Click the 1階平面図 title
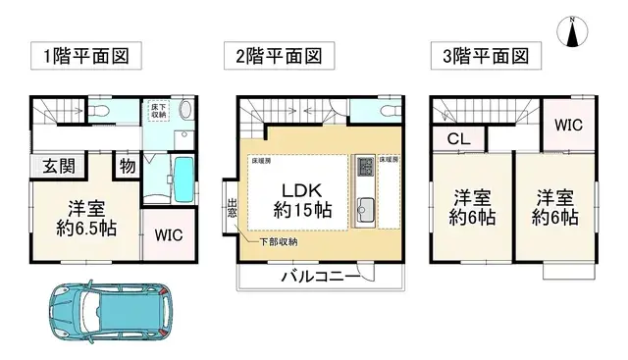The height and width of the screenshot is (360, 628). [x=84, y=55]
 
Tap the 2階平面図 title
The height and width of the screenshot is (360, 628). [x=279, y=55]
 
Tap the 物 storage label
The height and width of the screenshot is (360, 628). [x=127, y=165]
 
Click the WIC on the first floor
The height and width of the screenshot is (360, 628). [x=168, y=236]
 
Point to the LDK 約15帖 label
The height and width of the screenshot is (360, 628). [x=295, y=200]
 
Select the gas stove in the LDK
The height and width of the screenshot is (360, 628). [x=365, y=165]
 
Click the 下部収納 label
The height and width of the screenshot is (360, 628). [x=280, y=242]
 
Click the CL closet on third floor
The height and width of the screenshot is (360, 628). [x=457, y=138]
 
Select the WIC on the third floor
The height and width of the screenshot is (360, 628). [x=568, y=124]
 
